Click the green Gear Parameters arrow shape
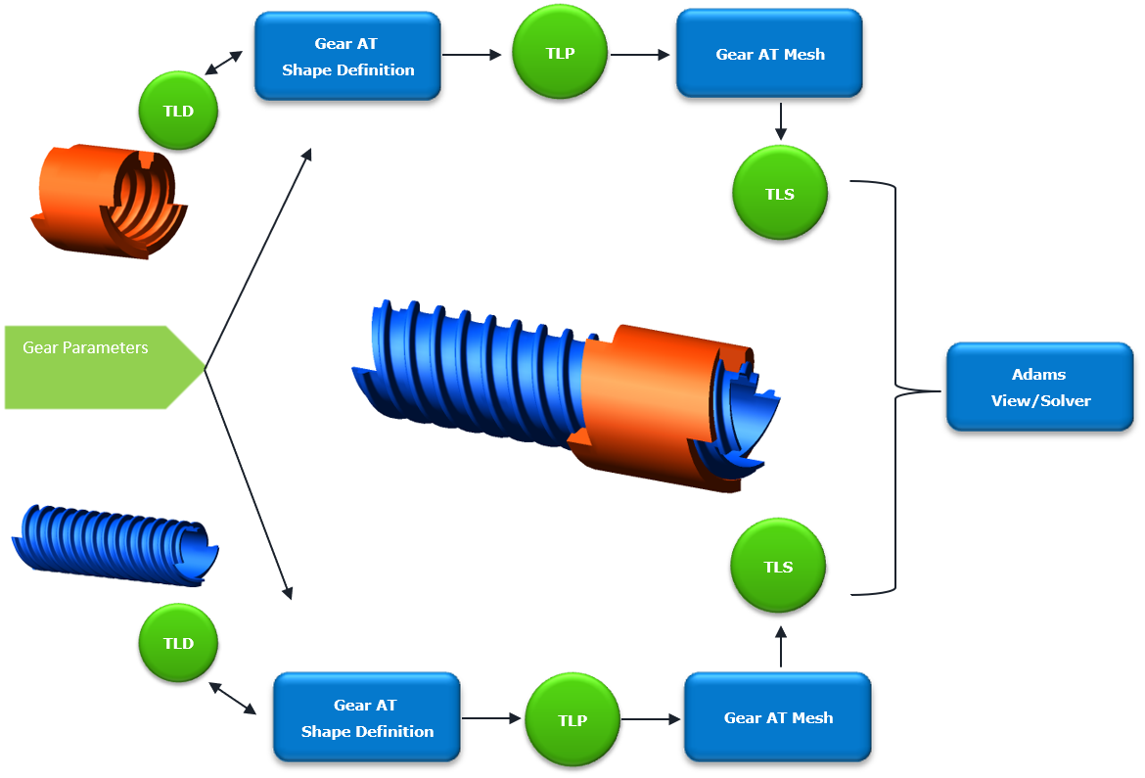tap(102, 367)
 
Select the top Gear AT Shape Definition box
tap(347, 56)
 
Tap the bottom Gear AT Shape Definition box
tap(367, 717)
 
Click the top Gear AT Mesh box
tap(769, 53)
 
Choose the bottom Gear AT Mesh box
tap(778, 717)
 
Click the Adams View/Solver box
tap(1040, 388)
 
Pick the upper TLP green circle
tap(560, 53)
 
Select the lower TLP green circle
tap(572, 719)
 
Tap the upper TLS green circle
tap(780, 193)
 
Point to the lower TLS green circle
tap(778, 567)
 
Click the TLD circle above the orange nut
tap(178, 111)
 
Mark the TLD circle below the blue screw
tap(178, 643)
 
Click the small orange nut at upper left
tap(110, 201)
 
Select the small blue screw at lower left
tap(115, 545)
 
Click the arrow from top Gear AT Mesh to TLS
tap(781, 121)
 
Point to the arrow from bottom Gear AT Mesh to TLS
tap(781, 647)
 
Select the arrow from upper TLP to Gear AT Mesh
tap(640, 55)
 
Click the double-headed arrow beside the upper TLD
tap(223, 63)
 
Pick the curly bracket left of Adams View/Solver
tap(895, 388)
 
